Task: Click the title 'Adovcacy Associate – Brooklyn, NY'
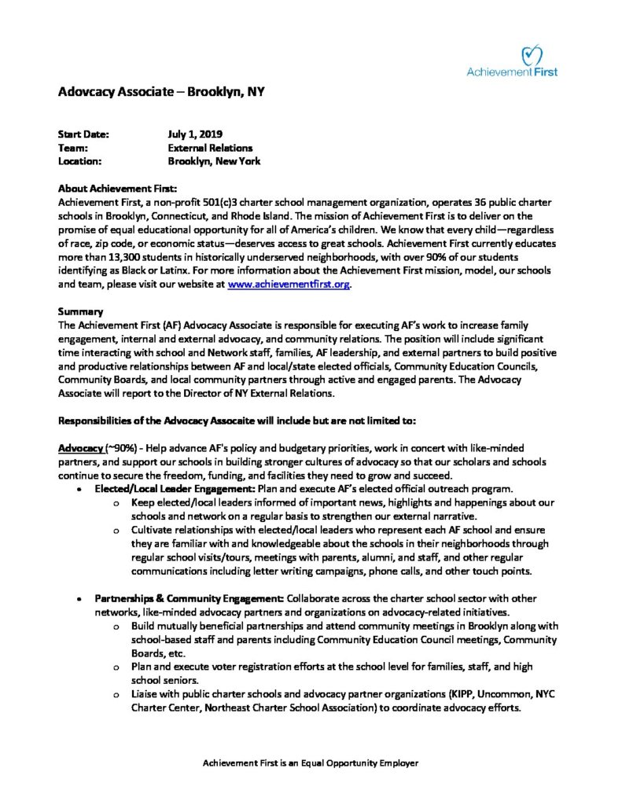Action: point(161,92)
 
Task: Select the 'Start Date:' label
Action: point(83,134)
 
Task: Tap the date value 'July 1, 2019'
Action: point(195,134)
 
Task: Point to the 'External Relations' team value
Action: point(210,148)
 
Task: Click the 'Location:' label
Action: point(80,161)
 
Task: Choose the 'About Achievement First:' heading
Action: point(118,189)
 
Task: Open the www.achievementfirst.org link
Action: point(288,284)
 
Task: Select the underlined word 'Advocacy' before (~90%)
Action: point(81,447)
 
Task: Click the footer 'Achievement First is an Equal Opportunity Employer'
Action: point(311,763)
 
